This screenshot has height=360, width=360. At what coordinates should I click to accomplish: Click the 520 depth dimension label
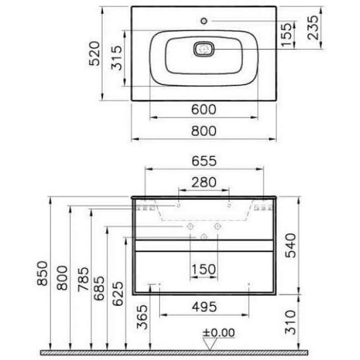tap(95, 54)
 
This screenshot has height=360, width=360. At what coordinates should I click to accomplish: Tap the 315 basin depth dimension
tap(116, 58)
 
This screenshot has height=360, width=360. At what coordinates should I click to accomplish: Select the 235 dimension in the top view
tap(313, 28)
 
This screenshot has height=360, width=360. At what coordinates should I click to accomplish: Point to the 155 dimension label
tap(286, 34)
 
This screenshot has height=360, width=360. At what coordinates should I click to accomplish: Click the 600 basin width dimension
tap(204, 110)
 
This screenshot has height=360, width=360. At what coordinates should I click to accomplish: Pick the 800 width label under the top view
tap(204, 131)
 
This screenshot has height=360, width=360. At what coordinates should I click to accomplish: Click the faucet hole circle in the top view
tap(204, 21)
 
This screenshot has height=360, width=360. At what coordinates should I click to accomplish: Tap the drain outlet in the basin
tap(204, 49)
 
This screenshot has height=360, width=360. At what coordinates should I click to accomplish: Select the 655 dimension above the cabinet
tap(204, 161)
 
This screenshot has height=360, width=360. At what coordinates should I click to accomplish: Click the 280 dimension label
tap(204, 182)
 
